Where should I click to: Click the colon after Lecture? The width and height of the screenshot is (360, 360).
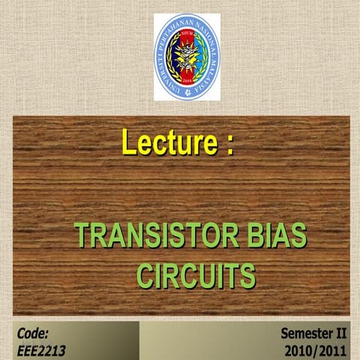tap(226, 144)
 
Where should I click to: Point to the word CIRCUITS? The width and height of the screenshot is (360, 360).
tap(196, 275)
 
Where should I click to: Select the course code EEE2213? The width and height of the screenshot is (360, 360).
tap(40, 349)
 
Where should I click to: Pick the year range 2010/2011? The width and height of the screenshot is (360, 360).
tap(315, 349)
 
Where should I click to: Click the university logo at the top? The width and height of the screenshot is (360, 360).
tap(184, 56)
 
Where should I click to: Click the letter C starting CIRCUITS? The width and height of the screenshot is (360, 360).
tap(146, 275)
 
